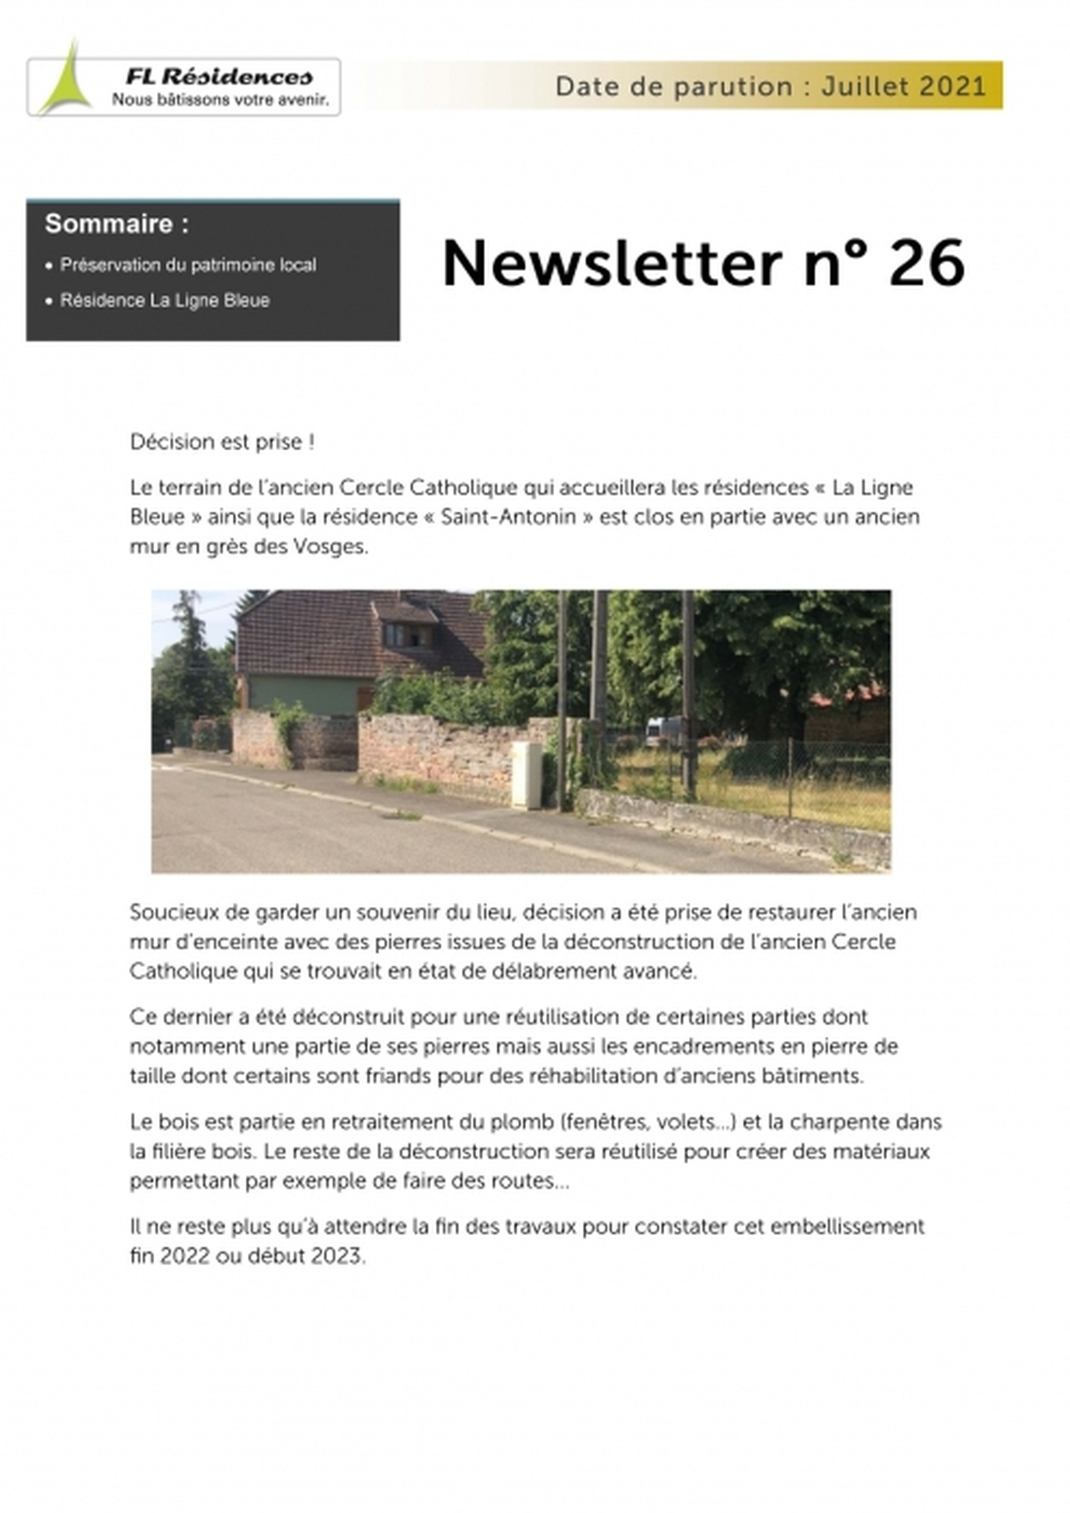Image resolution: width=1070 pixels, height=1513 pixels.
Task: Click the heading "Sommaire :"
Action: (116, 224)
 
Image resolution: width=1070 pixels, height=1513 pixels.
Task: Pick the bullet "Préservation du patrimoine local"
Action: (188, 265)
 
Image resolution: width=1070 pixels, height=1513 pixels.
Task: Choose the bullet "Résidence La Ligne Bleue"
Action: (165, 300)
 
